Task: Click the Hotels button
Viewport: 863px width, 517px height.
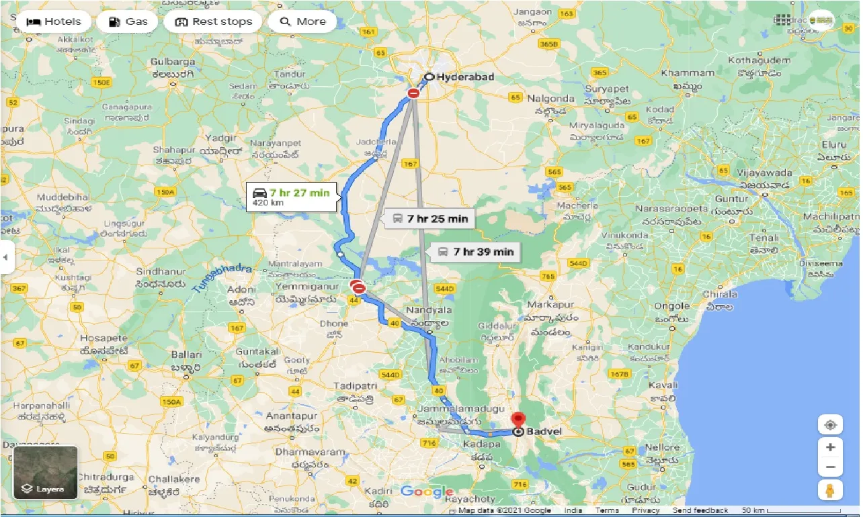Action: tap(53, 21)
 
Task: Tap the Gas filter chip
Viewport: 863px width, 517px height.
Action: tap(127, 21)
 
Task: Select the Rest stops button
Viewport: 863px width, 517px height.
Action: tap(212, 21)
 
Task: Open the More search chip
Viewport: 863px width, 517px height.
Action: tap(302, 21)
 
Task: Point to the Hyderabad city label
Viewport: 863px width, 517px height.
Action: tap(465, 77)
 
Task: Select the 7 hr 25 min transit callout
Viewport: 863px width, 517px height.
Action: tap(429, 219)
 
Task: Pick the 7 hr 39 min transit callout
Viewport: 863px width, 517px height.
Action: tap(475, 252)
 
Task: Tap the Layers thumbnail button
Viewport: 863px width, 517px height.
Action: tap(46, 473)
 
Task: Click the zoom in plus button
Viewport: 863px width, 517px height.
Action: tap(831, 447)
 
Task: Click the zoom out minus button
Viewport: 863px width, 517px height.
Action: tap(831, 467)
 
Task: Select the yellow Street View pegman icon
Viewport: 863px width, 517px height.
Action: tap(831, 491)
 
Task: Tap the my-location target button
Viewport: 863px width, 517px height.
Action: tap(831, 425)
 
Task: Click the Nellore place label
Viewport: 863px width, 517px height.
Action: tap(662, 447)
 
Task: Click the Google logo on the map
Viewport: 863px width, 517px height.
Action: tap(427, 492)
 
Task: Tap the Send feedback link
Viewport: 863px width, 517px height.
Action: tap(702, 511)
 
